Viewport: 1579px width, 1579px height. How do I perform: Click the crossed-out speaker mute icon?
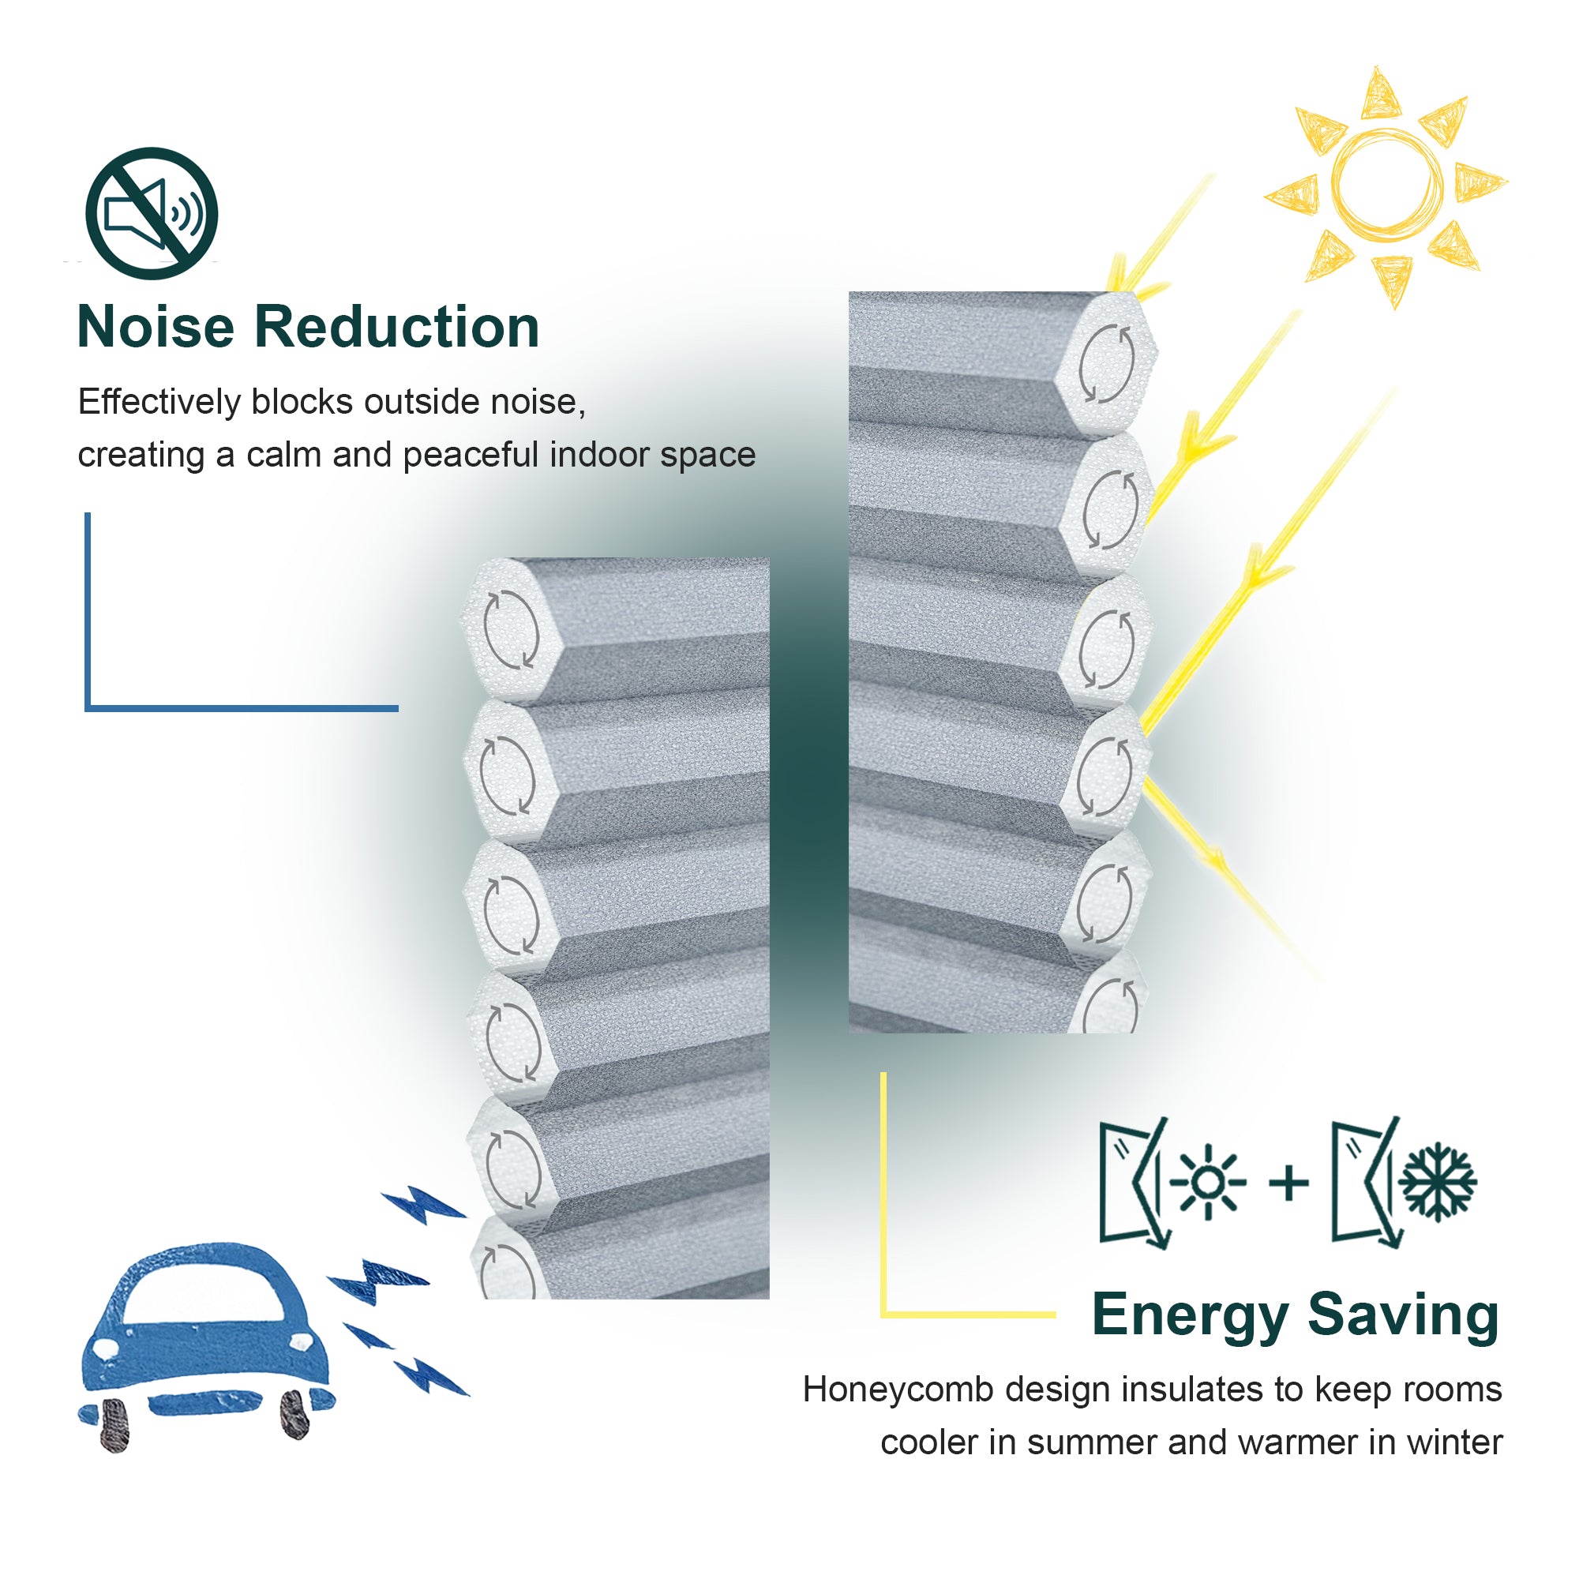(x=152, y=213)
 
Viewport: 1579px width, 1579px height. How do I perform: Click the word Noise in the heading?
(x=156, y=327)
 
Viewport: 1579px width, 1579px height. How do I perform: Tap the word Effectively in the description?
(x=159, y=402)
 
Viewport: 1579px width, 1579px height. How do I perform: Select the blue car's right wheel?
(x=294, y=1415)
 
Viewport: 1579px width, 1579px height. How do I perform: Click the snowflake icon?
(x=1438, y=1182)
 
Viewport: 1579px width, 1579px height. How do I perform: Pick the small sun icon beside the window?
(x=1209, y=1182)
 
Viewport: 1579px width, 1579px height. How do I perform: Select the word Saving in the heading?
(x=1402, y=1317)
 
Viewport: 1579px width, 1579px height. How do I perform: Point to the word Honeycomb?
(x=897, y=1390)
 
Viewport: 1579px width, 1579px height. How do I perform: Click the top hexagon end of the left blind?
(x=510, y=629)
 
